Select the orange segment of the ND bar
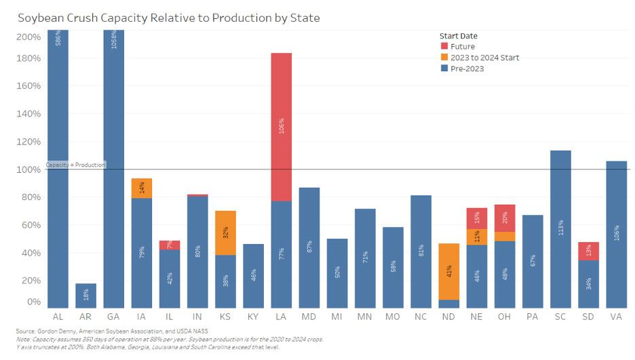pos(448,271)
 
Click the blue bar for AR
pos(85,296)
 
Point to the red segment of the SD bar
pos(588,251)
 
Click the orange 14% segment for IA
pos(142,188)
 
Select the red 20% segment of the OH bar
pos(504,218)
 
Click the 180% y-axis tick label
pos(29,59)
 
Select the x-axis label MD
pos(309,317)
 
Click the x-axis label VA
pos(615,317)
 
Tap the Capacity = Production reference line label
pos(75,165)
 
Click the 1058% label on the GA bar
pos(114,41)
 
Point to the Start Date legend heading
pos(458,35)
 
